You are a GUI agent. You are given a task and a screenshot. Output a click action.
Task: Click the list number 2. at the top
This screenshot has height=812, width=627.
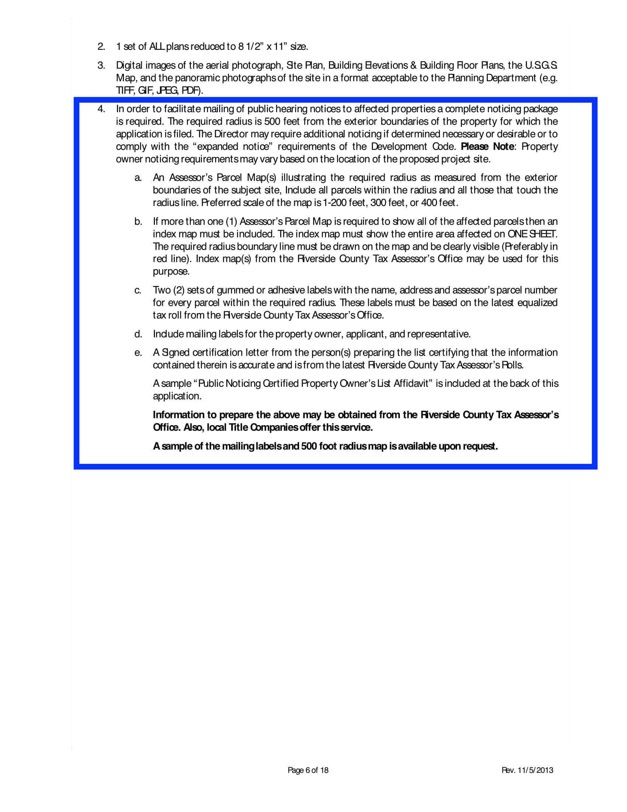(x=101, y=47)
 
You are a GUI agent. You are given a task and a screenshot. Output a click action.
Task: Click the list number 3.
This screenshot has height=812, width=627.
(x=101, y=66)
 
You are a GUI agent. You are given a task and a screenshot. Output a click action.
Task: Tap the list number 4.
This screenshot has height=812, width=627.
(x=101, y=109)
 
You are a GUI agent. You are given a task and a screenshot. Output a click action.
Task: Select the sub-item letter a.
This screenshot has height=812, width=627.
(x=138, y=178)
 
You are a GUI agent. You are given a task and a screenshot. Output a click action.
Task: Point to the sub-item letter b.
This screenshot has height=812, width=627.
(x=138, y=222)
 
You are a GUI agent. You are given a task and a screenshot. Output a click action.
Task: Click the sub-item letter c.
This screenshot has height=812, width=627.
(x=138, y=290)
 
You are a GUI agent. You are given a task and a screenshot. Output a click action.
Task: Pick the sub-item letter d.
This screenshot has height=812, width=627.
(x=138, y=334)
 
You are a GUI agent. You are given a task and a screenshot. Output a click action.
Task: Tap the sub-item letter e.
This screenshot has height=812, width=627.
(x=138, y=353)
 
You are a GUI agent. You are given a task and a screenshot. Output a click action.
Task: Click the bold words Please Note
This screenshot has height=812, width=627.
(x=487, y=147)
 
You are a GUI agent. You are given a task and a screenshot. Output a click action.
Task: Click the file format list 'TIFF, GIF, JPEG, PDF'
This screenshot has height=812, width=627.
(x=160, y=91)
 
